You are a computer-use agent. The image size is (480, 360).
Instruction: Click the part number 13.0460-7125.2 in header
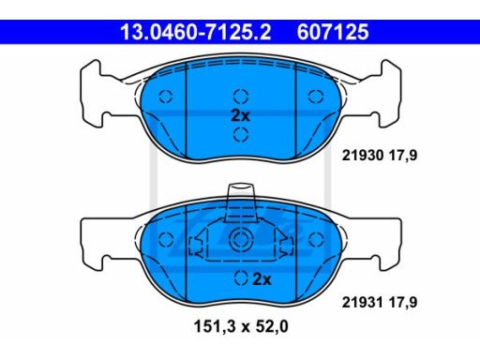(196, 32)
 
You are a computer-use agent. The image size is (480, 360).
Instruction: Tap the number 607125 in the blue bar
(333, 32)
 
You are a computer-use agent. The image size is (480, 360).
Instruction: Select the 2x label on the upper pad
(240, 115)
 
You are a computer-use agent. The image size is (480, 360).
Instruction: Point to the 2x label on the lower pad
(262, 279)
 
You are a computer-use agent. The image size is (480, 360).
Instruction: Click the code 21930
(363, 156)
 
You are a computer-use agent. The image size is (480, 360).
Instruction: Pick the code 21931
(363, 302)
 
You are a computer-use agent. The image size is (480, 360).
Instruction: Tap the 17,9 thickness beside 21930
(403, 156)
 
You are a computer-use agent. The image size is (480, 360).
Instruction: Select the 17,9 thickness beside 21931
(403, 302)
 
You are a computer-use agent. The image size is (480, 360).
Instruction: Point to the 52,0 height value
(272, 326)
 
